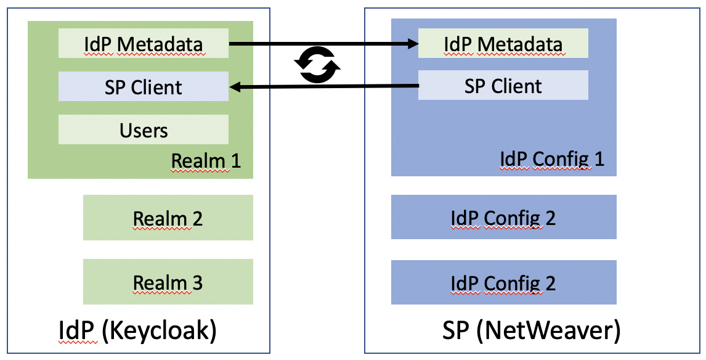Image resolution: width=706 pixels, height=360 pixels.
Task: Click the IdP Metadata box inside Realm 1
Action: (x=143, y=43)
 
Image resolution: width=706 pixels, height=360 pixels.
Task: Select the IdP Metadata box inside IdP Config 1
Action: (x=503, y=43)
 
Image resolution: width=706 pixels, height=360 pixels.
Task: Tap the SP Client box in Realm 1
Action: (x=143, y=86)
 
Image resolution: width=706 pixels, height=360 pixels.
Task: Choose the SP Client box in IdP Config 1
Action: (x=503, y=85)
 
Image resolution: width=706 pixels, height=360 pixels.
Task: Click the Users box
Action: (x=143, y=129)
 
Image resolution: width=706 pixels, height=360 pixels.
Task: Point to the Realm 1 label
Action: (x=206, y=160)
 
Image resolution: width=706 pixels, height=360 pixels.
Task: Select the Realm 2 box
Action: (x=168, y=217)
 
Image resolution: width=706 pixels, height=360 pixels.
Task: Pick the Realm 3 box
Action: (x=168, y=282)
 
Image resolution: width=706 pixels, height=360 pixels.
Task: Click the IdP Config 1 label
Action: (x=552, y=159)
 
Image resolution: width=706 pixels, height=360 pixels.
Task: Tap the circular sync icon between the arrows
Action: (x=317, y=65)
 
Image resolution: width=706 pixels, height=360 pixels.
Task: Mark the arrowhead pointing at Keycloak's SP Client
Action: (x=235, y=87)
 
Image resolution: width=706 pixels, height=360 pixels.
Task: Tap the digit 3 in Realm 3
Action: (x=197, y=283)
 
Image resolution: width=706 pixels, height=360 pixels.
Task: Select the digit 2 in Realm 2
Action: (x=197, y=218)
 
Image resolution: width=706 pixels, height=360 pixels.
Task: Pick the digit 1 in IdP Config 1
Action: (x=599, y=159)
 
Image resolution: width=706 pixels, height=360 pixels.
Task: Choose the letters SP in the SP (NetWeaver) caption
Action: (x=455, y=331)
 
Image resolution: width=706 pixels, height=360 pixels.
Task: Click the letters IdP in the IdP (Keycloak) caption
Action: (x=76, y=331)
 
